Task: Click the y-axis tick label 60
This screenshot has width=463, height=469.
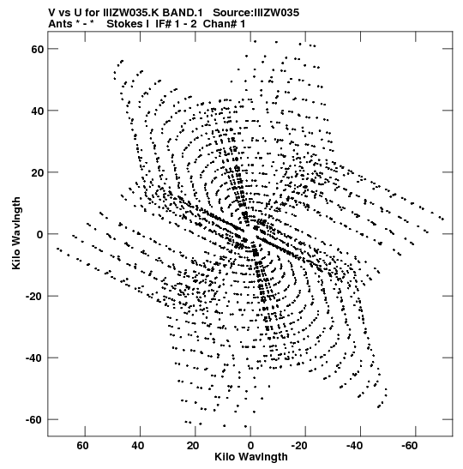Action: coord(38,49)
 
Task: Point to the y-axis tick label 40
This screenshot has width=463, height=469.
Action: coord(38,111)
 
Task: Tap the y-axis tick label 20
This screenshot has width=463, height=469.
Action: coord(38,172)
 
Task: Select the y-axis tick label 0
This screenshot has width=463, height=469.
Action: coord(40,235)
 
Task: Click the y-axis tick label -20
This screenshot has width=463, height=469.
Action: coord(35,297)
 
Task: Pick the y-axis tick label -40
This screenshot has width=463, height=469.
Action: coord(35,358)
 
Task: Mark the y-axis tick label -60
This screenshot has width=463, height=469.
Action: coord(35,420)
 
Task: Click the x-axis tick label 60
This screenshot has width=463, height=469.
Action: coord(82,446)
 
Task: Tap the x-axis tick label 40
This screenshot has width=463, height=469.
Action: coord(137,446)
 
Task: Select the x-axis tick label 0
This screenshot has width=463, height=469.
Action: coord(250,446)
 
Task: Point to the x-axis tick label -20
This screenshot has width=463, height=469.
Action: coord(298,446)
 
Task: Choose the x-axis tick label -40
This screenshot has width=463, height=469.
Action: coord(354,446)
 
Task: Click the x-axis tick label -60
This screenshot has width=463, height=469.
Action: coord(409,446)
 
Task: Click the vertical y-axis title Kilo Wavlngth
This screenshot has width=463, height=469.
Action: coord(16,233)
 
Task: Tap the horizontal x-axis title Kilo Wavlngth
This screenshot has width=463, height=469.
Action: coord(251,457)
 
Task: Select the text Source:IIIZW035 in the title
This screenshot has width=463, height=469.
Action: coord(256,13)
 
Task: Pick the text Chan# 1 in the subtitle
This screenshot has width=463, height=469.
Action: coord(224,24)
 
